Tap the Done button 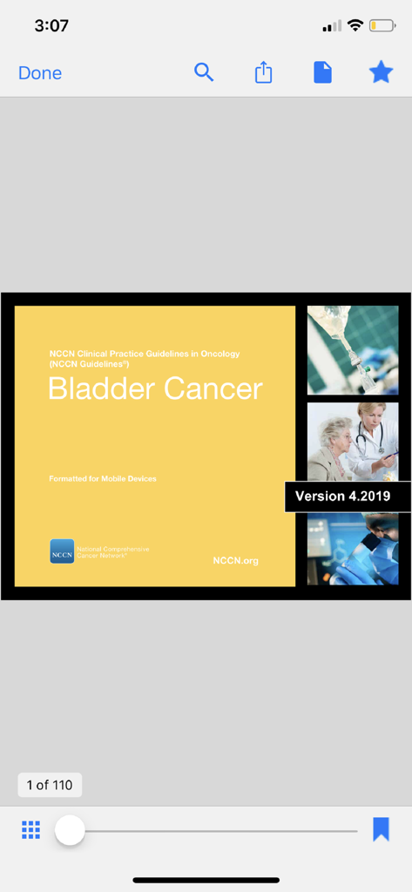coord(40,73)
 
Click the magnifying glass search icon coord(204,72)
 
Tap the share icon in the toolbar coord(263,73)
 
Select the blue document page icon coord(322,73)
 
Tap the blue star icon coord(382,72)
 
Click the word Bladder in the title coord(100,389)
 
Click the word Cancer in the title coord(213,389)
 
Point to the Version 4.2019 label coord(342,497)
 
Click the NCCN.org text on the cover coord(235,560)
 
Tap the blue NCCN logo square coord(62,551)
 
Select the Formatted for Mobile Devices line coord(103,479)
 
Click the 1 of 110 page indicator coord(50,785)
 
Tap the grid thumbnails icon coord(31,830)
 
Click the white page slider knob coord(70,830)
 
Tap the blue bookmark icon coord(381,829)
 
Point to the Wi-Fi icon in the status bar coord(355,25)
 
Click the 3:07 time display coord(51,26)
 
